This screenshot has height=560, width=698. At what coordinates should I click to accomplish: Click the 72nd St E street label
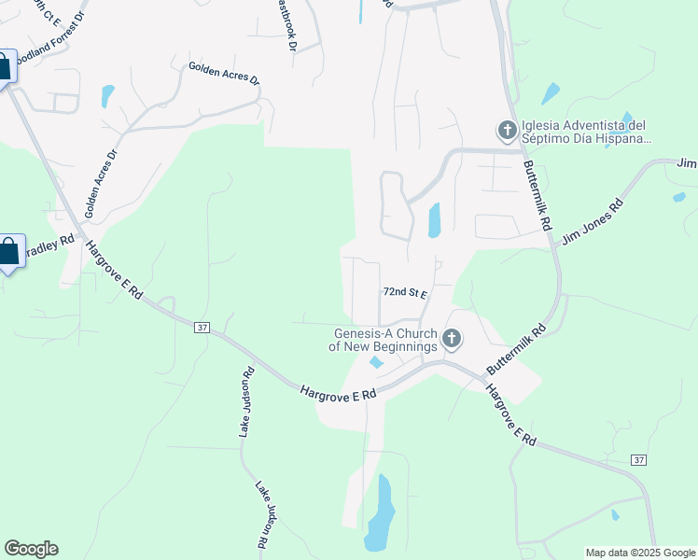pyautogui.click(x=404, y=293)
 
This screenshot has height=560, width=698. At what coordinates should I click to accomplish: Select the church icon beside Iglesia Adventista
pyautogui.click(x=508, y=131)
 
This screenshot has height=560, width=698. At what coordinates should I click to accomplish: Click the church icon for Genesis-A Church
pyautogui.click(x=452, y=339)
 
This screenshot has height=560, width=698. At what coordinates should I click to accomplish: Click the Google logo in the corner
pyautogui.click(x=31, y=549)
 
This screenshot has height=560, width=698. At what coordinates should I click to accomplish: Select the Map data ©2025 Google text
pyautogui.click(x=640, y=553)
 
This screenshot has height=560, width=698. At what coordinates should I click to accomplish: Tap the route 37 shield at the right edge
pyautogui.click(x=638, y=460)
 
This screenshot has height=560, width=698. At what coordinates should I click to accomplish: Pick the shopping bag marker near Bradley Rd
pyautogui.click(x=8, y=252)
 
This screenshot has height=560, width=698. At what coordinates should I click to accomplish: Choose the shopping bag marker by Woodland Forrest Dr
pyautogui.click(x=4, y=65)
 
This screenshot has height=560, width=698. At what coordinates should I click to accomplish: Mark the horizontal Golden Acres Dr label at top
pyautogui.click(x=224, y=74)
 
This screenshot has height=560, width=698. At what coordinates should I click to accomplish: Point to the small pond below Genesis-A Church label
pyautogui.click(x=376, y=362)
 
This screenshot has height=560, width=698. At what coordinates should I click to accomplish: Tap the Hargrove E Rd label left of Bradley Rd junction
pyautogui.click(x=113, y=271)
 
